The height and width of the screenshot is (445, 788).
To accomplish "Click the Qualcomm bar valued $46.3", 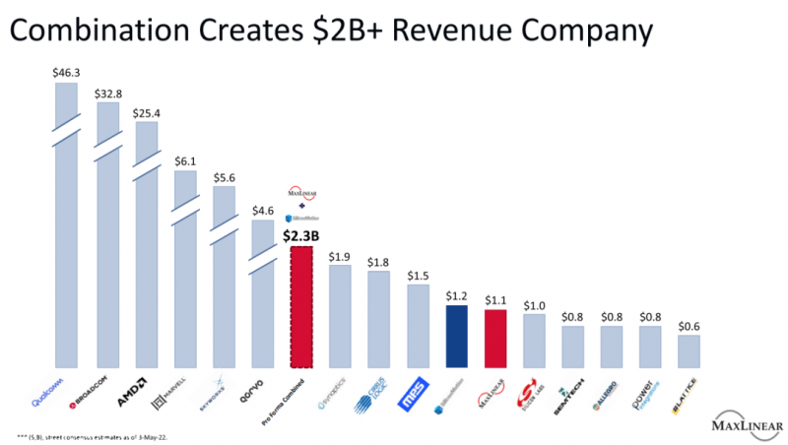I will click(x=66, y=226).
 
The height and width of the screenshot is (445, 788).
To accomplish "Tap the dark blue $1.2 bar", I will click(x=456, y=337).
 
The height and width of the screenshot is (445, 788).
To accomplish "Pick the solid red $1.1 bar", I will click(x=494, y=339).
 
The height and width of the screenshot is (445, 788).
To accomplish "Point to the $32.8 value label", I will click(x=106, y=95).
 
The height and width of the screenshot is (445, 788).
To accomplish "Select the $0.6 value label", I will click(x=689, y=326).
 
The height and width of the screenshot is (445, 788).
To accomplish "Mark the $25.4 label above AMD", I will click(x=146, y=112).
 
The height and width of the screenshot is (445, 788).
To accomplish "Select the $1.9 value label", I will click(x=341, y=257).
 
